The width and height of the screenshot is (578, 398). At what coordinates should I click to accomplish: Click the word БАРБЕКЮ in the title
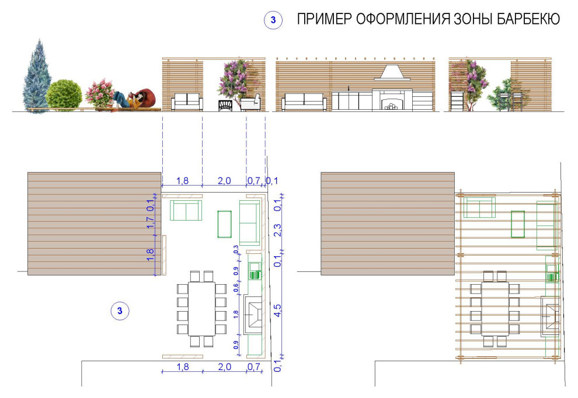point(528,20)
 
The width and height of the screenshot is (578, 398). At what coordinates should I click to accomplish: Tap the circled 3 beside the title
point(273,20)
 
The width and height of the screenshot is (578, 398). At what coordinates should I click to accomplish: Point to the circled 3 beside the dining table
point(120,310)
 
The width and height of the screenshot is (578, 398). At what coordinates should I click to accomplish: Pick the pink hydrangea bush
point(99,93)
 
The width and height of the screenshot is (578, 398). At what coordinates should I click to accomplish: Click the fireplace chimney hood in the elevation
point(391,74)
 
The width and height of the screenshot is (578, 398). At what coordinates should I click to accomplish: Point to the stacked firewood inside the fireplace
point(391,106)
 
